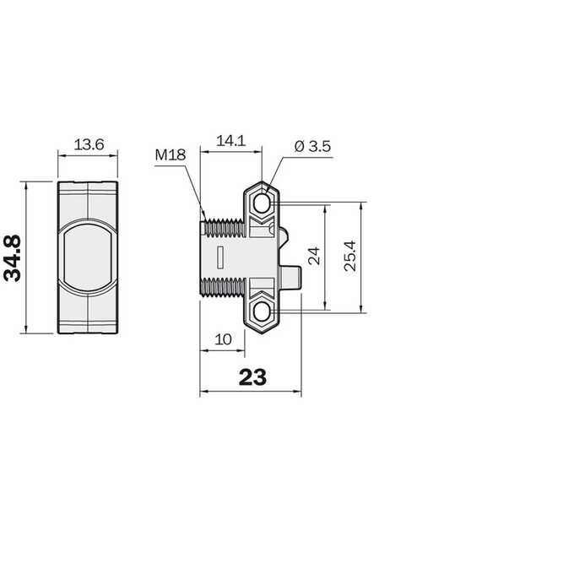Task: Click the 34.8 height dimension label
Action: (13, 258)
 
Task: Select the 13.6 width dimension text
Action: (89, 144)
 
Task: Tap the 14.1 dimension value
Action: (231, 141)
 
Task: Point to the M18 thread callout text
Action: (171, 154)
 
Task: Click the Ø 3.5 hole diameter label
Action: (312, 146)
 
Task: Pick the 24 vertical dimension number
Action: (314, 256)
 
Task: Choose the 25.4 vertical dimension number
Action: (350, 256)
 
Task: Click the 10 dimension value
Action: (223, 339)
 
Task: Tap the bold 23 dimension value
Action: (252, 377)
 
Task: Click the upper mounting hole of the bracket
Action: (262, 204)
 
